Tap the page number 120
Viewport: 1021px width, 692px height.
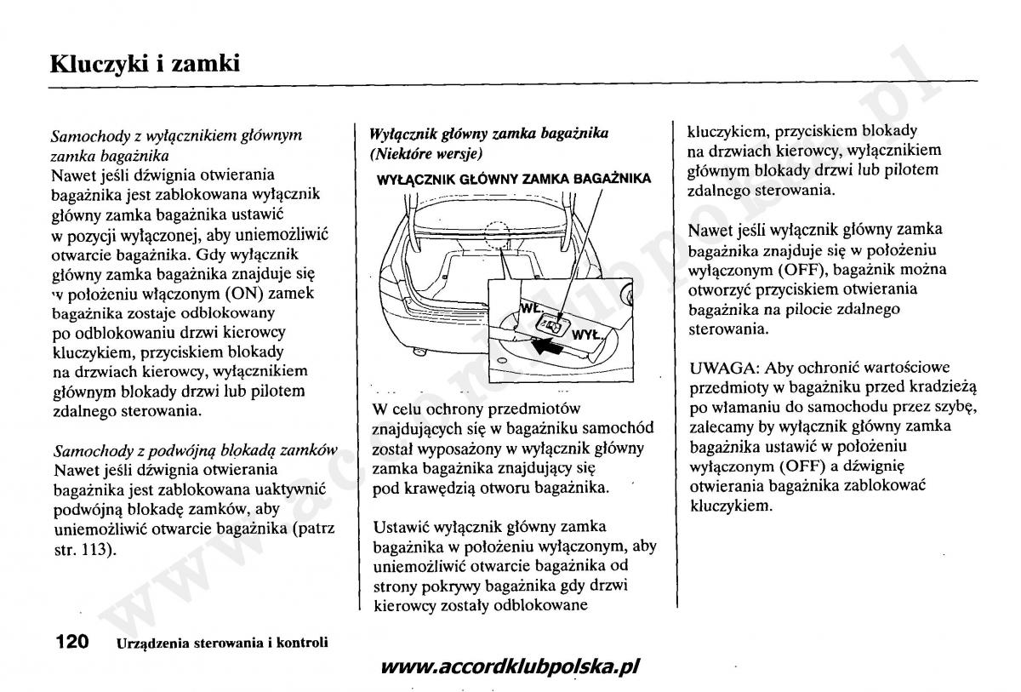coord(71,642)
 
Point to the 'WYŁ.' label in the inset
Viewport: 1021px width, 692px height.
coord(587,335)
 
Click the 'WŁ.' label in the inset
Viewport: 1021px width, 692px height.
coord(529,308)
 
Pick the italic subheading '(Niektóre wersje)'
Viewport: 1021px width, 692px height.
coord(425,154)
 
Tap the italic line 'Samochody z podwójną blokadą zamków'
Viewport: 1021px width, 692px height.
coord(194,449)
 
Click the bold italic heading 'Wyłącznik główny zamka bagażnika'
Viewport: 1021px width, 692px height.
coord(488,134)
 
